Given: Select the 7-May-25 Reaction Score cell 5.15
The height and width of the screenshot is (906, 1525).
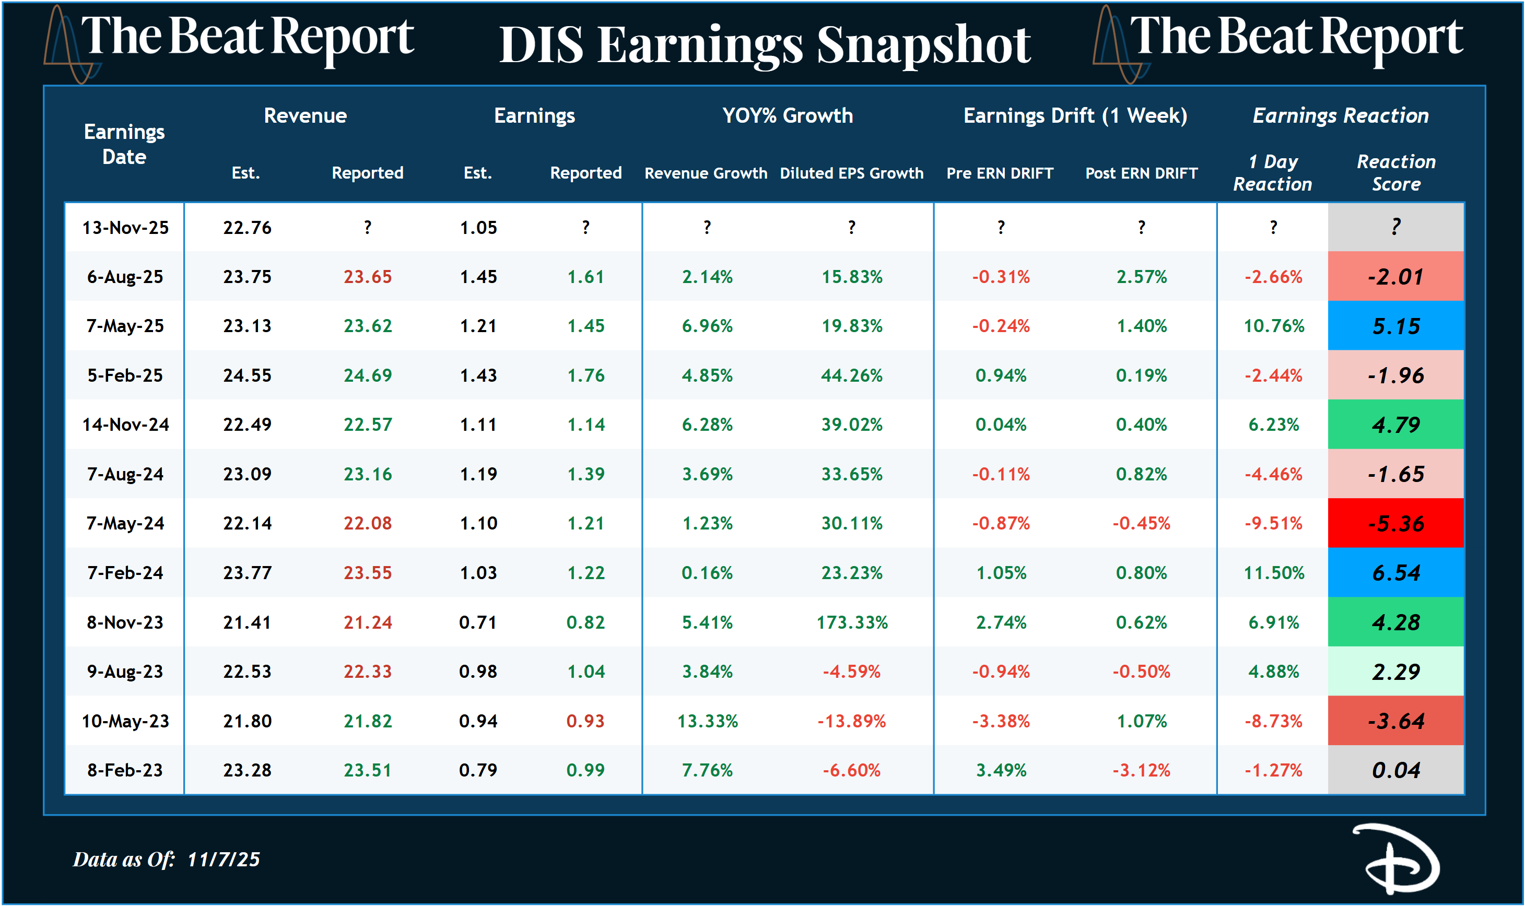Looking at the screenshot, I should (x=1395, y=326).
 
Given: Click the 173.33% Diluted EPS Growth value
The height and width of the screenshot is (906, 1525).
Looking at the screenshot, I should (x=852, y=622).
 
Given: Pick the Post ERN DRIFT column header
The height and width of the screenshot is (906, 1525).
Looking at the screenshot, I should (x=1141, y=173).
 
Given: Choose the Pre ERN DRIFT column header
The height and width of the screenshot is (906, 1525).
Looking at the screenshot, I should (x=1000, y=173).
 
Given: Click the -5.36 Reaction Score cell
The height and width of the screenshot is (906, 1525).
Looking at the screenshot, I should (x=1395, y=523).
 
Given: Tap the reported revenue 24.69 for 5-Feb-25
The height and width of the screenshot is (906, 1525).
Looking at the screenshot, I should (x=368, y=375).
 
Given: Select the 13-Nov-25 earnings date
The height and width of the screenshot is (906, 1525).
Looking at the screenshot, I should (x=125, y=228).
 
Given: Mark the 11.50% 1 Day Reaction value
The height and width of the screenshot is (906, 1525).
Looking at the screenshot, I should (x=1273, y=573).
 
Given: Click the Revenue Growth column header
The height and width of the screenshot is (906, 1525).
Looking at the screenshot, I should (x=706, y=173).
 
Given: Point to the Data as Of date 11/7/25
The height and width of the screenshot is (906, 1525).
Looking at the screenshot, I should (x=224, y=860).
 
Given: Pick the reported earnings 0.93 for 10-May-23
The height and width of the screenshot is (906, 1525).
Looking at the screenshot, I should (x=585, y=721).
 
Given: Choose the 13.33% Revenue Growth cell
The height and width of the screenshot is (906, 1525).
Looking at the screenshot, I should (x=707, y=721).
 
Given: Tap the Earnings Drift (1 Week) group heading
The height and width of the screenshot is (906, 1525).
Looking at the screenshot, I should (x=1075, y=115).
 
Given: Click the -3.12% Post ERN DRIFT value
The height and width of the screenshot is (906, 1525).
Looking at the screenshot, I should (x=1141, y=770).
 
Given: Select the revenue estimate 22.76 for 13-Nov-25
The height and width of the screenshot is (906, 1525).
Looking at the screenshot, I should (x=247, y=228).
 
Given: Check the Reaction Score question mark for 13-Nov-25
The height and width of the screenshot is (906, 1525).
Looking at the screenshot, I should (x=1395, y=227).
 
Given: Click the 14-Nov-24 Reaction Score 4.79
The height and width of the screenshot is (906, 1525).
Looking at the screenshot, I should (x=1395, y=425).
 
